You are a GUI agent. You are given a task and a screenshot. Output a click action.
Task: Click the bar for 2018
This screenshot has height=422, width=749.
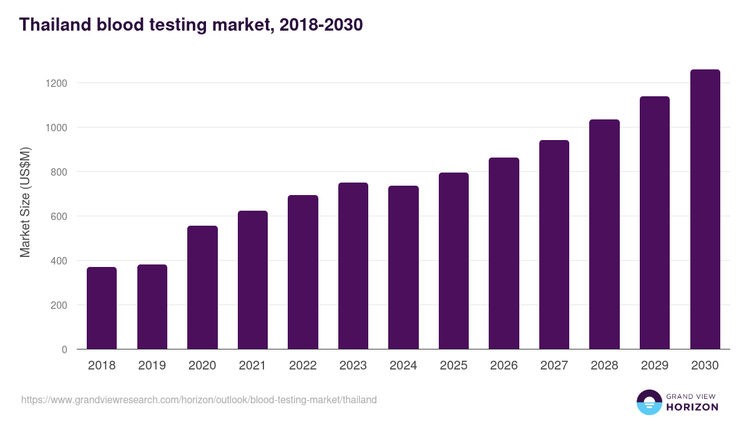click(x=102, y=308)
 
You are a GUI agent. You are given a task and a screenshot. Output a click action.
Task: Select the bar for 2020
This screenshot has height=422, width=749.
click(x=202, y=288)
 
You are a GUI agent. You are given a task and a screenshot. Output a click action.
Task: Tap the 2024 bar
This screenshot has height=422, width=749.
click(x=403, y=268)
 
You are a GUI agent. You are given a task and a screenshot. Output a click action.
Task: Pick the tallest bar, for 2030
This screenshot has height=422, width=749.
click(x=705, y=209)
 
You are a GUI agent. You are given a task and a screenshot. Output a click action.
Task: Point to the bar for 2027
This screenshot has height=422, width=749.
click(x=554, y=244)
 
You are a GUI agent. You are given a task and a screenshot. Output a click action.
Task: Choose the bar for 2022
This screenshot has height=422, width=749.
click(x=303, y=272)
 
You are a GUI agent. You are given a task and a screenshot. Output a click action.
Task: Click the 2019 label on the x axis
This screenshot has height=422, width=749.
click(x=152, y=366)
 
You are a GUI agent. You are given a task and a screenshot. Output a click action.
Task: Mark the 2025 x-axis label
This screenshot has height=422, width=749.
click(x=453, y=366)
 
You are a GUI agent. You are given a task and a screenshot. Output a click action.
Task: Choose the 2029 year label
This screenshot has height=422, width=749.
click(x=654, y=366)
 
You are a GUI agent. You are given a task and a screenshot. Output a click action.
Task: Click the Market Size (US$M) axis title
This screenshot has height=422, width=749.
click(x=25, y=202)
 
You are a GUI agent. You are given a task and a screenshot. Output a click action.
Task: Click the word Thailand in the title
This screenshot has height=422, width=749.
click(x=55, y=25)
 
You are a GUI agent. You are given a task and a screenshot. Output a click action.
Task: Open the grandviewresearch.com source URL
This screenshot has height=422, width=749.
click(x=198, y=399)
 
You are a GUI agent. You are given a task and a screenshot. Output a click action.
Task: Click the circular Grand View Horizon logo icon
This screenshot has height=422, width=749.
click(x=649, y=402)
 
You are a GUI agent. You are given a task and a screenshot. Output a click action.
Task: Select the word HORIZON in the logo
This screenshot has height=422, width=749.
click(x=692, y=407)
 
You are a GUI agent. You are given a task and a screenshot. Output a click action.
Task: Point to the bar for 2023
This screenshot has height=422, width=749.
click(x=353, y=266)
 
